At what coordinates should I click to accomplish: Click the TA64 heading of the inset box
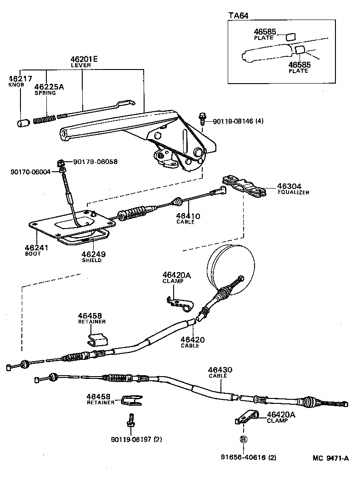point(238,15)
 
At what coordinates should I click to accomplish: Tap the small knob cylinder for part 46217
point(23,123)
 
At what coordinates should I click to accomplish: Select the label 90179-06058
point(95,162)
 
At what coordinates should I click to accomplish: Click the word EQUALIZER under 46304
point(293,193)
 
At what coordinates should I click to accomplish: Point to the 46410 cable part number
point(188,216)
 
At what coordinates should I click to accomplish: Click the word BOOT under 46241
point(33,253)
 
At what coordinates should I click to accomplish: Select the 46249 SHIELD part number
point(91,254)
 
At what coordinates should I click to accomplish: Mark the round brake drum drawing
point(230,268)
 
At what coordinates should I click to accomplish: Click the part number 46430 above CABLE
point(220,370)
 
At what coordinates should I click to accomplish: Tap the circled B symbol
point(243,439)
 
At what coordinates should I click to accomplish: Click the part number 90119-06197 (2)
point(136,439)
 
